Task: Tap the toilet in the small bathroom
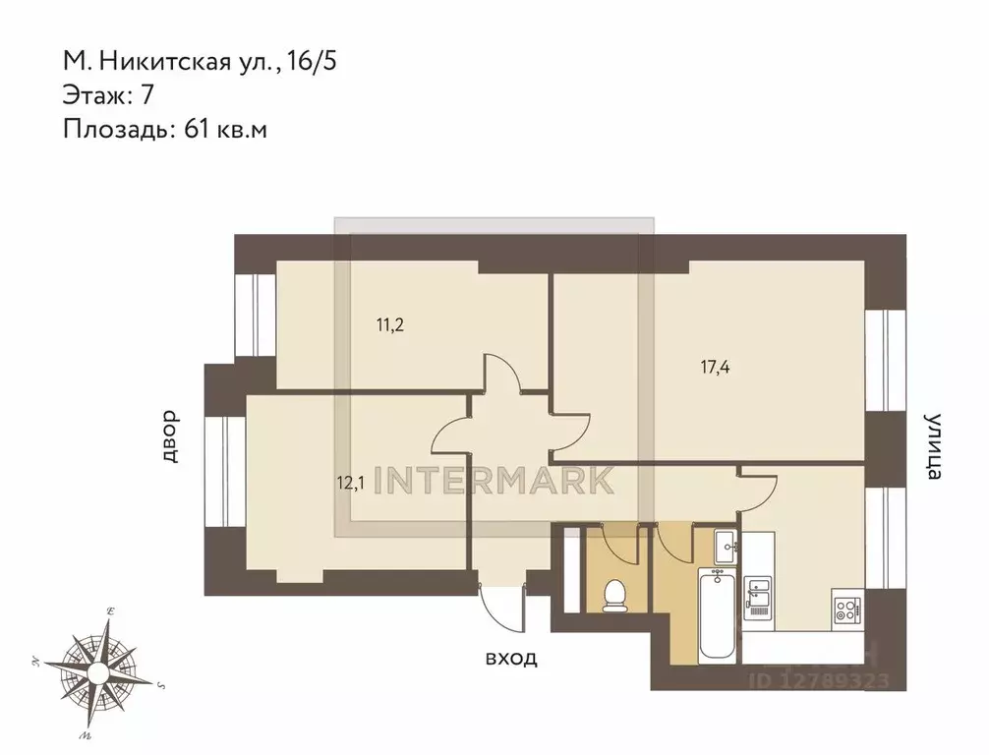[x=614, y=595]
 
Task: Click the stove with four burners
[x=846, y=609]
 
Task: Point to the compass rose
[x=98, y=672]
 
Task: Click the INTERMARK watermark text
[x=496, y=479]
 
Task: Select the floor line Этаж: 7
[x=108, y=95]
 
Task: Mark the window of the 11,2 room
[x=255, y=314]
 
